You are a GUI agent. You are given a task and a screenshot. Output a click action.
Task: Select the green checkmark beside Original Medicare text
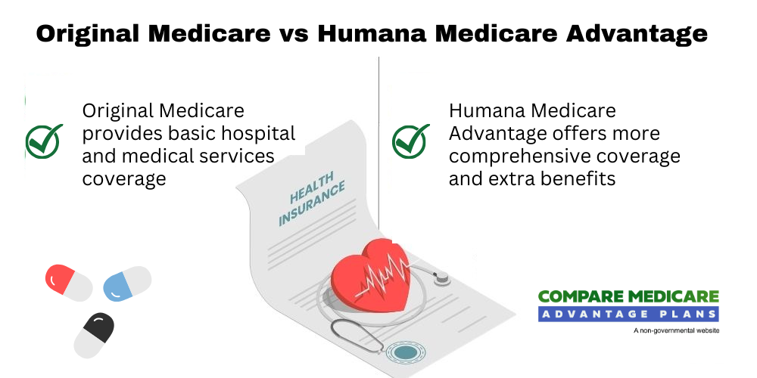point(43,141)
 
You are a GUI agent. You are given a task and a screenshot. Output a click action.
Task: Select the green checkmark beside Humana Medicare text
point(410,141)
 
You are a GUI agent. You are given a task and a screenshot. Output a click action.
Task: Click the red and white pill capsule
point(69,283)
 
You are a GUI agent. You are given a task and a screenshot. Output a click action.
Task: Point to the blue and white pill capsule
point(126,282)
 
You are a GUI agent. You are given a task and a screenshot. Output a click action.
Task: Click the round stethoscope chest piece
point(405,352)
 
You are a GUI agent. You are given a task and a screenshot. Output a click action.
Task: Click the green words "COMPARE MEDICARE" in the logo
point(628,298)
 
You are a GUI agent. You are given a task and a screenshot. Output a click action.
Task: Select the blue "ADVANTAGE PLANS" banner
point(628,314)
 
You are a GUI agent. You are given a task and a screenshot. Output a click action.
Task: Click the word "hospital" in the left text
point(257,134)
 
